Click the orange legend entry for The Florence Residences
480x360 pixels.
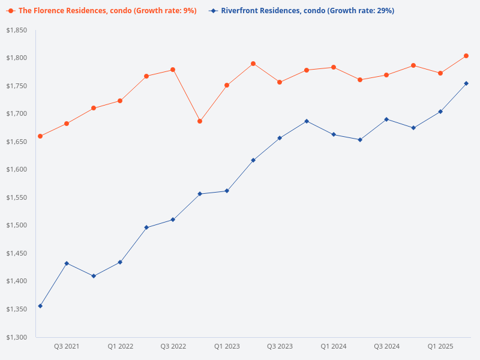click(x=102, y=11)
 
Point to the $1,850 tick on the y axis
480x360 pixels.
click(x=17, y=30)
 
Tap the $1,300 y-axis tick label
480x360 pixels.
click(x=17, y=337)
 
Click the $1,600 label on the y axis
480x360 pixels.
click(x=17, y=170)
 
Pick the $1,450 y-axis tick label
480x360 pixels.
click(x=17, y=253)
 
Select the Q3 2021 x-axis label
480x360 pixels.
click(x=67, y=346)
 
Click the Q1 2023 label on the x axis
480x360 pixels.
click(x=227, y=346)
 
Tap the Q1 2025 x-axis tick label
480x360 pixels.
click(x=440, y=346)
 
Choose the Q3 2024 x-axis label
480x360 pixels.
click(x=386, y=346)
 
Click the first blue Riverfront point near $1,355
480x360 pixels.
click(x=40, y=306)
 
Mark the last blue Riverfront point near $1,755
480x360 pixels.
click(x=466, y=83)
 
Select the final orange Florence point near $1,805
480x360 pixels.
click(x=466, y=56)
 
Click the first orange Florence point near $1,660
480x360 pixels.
click(x=40, y=136)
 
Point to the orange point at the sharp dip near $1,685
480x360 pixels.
click(x=200, y=121)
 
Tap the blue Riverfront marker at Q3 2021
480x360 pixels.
click(x=67, y=263)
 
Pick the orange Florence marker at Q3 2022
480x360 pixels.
click(x=173, y=70)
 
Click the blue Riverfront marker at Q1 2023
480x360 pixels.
click(x=227, y=191)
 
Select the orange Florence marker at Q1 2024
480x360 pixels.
click(x=333, y=67)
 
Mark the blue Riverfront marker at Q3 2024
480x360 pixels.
click(x=386, y=119)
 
